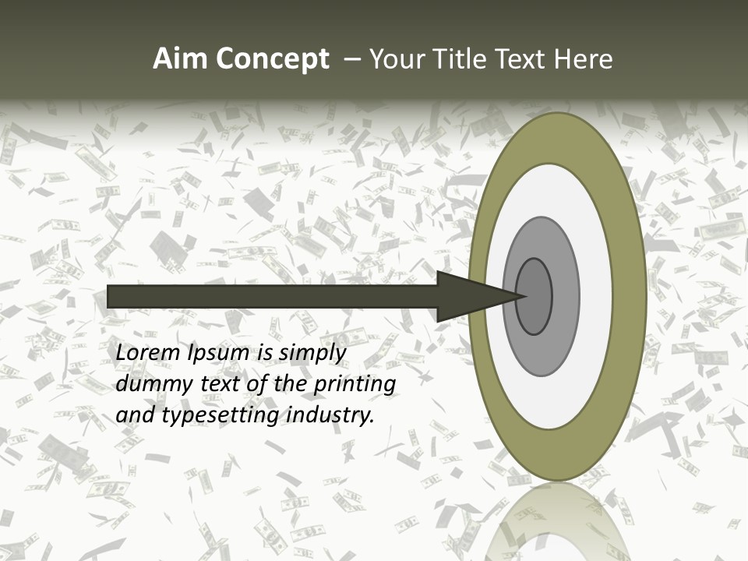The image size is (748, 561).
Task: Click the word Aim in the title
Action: coord(180,59)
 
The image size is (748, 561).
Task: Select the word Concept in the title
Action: coord(273,59)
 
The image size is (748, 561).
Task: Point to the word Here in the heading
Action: coord(585,59)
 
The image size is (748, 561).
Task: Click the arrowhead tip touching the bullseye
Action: coord(520,296)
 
